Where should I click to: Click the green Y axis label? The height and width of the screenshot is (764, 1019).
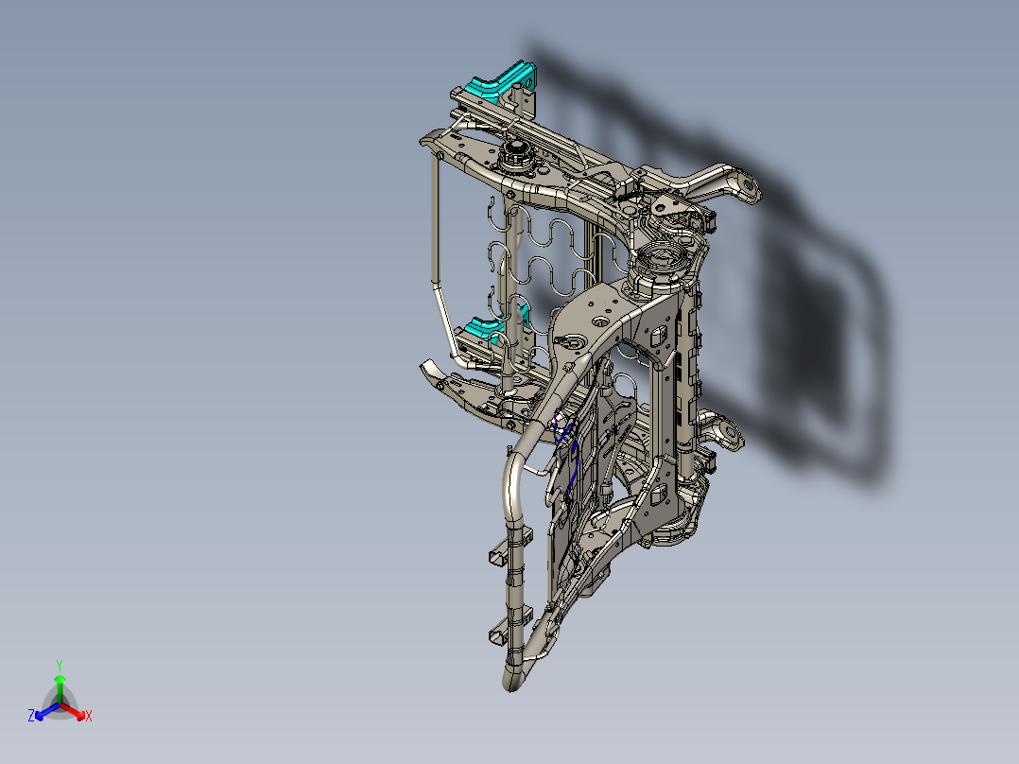(59, 665)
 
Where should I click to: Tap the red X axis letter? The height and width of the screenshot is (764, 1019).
(88, 717)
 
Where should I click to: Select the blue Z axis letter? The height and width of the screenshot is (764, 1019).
(31, 717)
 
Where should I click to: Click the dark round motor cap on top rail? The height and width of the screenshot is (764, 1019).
(516, 151)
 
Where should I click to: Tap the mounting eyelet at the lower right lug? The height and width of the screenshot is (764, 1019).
(727, 434)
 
